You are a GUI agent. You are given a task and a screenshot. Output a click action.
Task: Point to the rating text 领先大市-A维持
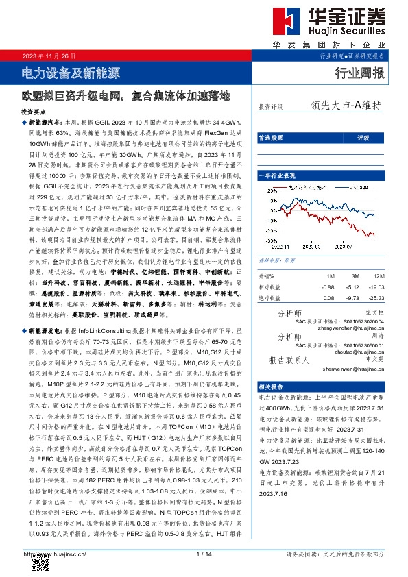(x=346, y=106)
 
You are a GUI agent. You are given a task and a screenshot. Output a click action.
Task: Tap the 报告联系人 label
(x=291, y=359)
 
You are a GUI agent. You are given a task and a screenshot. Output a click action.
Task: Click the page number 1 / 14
(x=204, y=554)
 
